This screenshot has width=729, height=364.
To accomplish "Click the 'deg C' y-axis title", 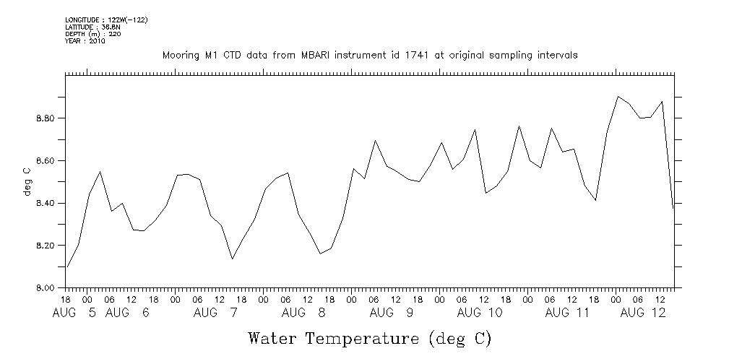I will [27, 181].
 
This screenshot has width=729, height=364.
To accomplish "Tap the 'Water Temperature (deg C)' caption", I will [370, 338].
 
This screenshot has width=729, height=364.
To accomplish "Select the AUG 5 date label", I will [74, 313].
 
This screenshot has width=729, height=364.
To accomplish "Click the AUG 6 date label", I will [127, 313].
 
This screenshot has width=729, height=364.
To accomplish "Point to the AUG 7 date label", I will [216, 313].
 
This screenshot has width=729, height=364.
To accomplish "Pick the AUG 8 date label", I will [304, 313].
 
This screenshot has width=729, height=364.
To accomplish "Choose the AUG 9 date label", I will [392, 313].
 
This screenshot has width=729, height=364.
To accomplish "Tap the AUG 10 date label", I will [480, 313].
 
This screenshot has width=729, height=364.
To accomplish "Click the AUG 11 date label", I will [568, 313].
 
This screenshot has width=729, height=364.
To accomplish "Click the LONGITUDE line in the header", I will [96, 19].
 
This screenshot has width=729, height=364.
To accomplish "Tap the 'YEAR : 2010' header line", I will [85, 41].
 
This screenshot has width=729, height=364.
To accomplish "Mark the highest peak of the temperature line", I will [618, 96].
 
